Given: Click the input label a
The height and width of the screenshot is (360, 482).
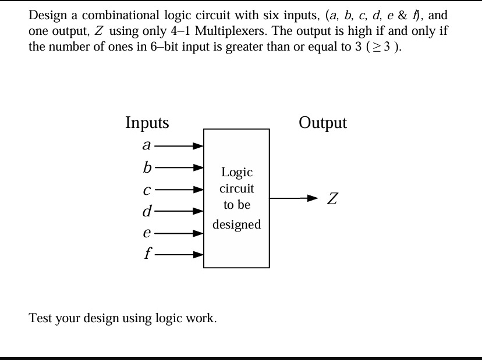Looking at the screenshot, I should (x=147, y=145).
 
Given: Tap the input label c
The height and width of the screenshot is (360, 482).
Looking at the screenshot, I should (x=147, y=190).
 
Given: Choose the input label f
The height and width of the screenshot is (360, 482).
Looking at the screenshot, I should (x=148, y=254).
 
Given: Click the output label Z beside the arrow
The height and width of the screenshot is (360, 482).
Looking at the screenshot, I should (x=332, y=199).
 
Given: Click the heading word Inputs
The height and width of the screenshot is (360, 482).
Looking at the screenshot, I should (x=147, y=123).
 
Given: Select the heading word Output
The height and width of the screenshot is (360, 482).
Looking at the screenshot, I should (x=322, y=123).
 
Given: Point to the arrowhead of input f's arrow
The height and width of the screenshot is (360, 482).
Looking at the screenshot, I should (x=199, y=254).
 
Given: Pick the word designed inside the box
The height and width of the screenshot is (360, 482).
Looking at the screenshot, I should (x=236, y=224).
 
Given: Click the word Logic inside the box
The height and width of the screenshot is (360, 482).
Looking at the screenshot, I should (x=236, y=173).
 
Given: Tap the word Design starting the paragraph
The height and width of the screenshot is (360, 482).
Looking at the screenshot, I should (x=46, y=15).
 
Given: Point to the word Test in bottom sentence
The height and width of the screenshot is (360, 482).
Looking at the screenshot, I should (x=40, y=318).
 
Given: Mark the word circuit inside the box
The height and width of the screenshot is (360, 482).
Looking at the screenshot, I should (x=236, y=189).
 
